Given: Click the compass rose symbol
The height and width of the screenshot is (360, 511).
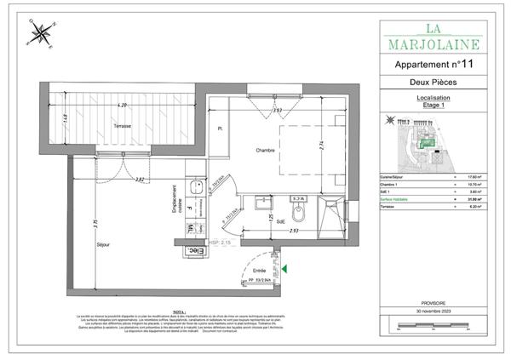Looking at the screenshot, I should point(39,34).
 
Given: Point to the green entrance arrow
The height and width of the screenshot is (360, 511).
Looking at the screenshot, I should point(284,269).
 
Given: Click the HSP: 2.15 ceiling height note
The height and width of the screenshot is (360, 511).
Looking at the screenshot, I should point(221,243).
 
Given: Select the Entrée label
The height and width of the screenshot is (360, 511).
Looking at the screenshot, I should point(258,271).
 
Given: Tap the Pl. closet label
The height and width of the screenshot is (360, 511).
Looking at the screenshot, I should point(220,129).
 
